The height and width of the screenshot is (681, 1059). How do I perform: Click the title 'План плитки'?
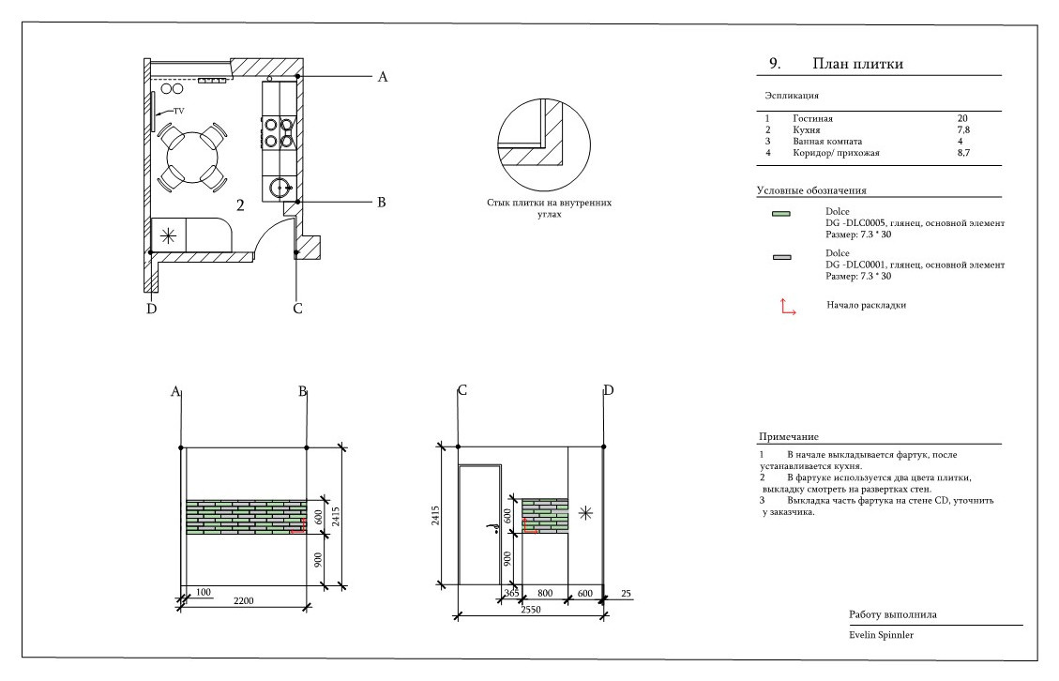pyautogui.click(x=858, y=64)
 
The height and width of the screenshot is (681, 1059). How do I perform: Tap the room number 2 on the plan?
pyautogui.click(x=240, y=206)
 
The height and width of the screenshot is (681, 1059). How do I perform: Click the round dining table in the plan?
pyautogui.click(x=191, y=156)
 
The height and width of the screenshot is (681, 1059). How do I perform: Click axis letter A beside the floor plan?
pyautogui.click(x=382, y=78)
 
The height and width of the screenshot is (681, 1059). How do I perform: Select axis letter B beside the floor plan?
pyautogui.click(x=382, y=202)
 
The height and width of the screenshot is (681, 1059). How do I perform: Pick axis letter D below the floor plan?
pyautogui.click(x=151, y=310)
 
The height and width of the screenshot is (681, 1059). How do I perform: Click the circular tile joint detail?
pyautogui.click(x=544, y=145)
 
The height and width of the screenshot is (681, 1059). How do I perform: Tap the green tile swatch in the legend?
pyautogui.click(x=780, y=215)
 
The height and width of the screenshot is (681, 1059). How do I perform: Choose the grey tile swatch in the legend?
pyautogui.click(x=780, y=257)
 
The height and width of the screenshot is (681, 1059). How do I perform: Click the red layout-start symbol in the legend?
pyautogui.click(x=787, y=307)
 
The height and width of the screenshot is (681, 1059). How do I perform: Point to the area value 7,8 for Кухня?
pyautogui.click(x=962, y=129)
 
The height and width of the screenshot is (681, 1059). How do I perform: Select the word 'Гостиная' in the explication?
pyautogui.click(x=812, y=119)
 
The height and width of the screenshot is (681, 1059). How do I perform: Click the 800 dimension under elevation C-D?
pyautogui.click(x=545, y=593)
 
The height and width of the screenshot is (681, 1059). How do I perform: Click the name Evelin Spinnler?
pyautogui.click(x=882, y=635)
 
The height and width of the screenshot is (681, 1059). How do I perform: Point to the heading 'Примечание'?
pyautogui.click(x=788, y=437)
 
